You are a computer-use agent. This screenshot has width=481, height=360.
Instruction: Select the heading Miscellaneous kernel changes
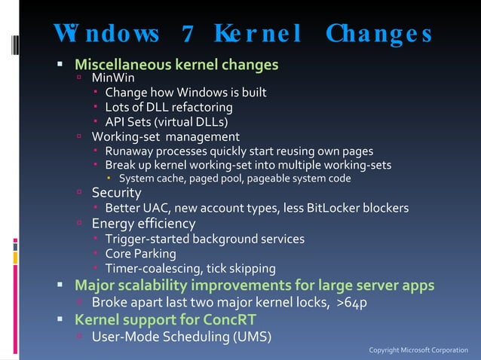click(x=176, y=64)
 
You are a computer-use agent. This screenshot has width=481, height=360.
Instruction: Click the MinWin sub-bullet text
click(x=113, y=78)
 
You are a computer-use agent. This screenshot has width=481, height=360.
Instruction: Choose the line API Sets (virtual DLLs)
click(x=166, y=122)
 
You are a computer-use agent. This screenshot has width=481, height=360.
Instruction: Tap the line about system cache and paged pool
click(x=234, y=178)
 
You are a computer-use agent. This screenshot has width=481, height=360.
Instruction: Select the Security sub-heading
click(x=116, y=193)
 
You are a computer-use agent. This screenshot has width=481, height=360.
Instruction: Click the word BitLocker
click(x=350, y=208)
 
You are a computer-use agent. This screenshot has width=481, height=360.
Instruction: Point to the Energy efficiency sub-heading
click(x=143, y=224)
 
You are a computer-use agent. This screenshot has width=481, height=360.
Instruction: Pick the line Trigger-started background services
click(x=204, y=239)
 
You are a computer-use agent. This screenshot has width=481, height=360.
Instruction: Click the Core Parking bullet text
click(x=140, y=254)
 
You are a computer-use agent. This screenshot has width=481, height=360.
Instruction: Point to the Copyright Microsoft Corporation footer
click(x=418, y=350)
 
